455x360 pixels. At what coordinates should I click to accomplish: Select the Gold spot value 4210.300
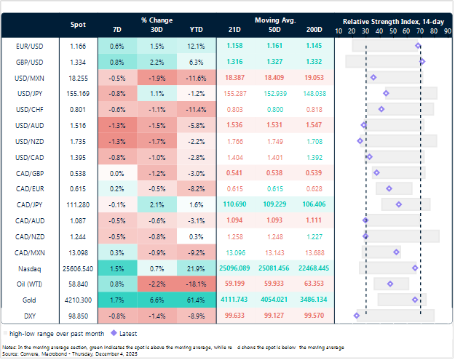(x=78, y=299)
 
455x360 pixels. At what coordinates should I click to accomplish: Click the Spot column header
(x=78, y=25)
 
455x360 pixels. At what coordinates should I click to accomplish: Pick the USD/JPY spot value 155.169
(x=78, y=93)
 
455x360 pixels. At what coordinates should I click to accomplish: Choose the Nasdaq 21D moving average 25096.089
(x=235, y=268)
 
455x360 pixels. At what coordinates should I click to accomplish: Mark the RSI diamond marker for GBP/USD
(x=422, y=61)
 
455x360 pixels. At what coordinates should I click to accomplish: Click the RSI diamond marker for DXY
(x=357, y=315)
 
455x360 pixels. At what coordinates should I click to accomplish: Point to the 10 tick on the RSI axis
(x=339, y=31)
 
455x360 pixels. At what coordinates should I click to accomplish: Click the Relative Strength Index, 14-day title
(x=394, y=20)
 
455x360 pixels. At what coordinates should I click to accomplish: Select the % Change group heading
(x=156, y=20)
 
